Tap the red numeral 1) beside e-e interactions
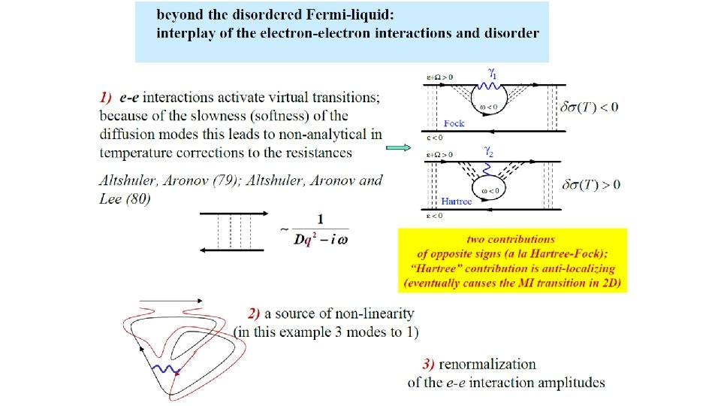pyautogui.click(x=106, y=98)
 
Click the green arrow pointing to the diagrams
pyautogui.click(x=398, y=148)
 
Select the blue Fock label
pyautogui.click(x=454, y=123)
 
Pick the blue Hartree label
pyautogui.click(x=457, y=201)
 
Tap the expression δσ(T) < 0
pyautogui.click(x=590, y=107)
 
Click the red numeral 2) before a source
pyautogui.click(x=255, y=314)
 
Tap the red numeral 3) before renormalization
pyautogui.click(x=429, y=365)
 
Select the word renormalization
pyautogui.click(x=487, y=365)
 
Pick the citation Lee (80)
pyautogui.click(x=125, y=198)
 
